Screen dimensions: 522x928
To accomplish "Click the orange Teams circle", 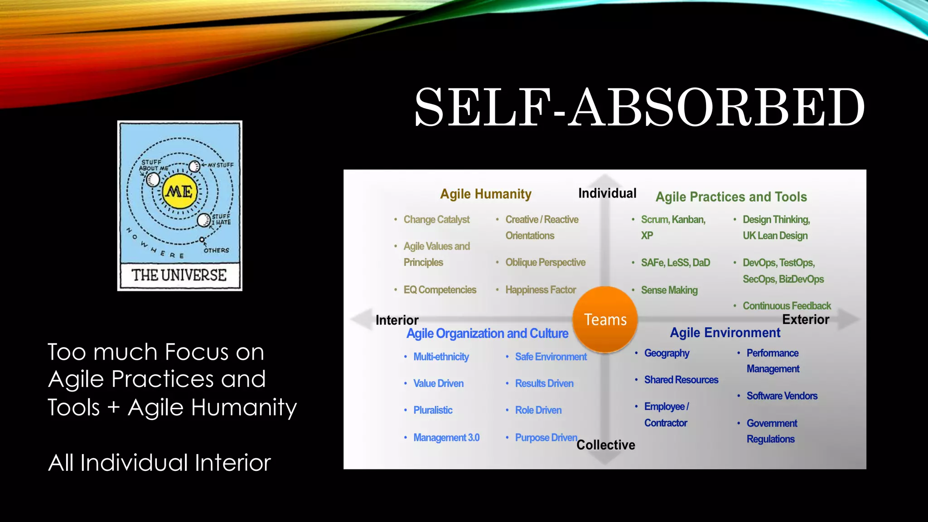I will [605, 319].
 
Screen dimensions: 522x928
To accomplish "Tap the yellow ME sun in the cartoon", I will [180, 192].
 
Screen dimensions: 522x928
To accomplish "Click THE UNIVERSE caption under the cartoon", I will [179, 275].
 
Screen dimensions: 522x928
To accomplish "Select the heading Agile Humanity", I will [486, 194].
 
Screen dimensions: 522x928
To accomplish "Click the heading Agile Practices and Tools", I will [731, 197].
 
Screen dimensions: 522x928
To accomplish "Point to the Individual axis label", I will [607, 193].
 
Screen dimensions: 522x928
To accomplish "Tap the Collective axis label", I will [605, 445].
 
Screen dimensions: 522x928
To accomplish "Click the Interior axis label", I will [397, 320].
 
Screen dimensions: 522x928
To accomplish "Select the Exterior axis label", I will [805, 319].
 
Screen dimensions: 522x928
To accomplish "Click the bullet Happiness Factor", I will [540, 290].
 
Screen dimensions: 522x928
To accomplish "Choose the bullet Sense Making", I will [669, 290].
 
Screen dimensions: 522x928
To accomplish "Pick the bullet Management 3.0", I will [446, 438].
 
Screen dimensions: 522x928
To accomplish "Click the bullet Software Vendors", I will [782, 396].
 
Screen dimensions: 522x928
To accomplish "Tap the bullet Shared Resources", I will [681, 380].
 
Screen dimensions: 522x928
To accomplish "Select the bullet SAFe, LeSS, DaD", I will [675, 263].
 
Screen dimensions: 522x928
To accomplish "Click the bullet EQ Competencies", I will [440, 290].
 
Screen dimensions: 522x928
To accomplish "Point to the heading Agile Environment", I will [725, 333].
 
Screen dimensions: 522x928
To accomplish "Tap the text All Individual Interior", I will [159, 463].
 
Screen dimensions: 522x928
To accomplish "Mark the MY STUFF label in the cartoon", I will [221, 165].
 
